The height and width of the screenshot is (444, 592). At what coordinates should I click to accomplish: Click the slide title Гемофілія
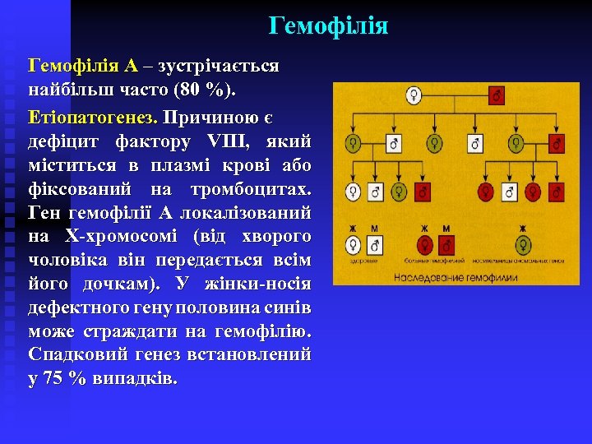pyautogui.click(x=328, y=26)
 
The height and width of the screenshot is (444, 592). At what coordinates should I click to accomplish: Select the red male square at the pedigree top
pyautogui.click(x=497, y=96)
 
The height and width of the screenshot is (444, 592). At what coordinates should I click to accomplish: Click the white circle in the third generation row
pyautogui.click(x=354, y=192)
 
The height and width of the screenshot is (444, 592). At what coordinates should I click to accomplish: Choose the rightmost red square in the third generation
pyautogui.click(x=557, y=192)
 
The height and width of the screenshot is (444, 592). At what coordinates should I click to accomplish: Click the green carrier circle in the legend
pyautogui.click(x=522, y=246)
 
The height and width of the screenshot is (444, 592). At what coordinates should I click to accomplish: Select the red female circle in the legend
pyautogui.click(x=425, y=246)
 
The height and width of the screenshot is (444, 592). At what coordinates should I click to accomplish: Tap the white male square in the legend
pyautogui.click(x=375, y=246)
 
